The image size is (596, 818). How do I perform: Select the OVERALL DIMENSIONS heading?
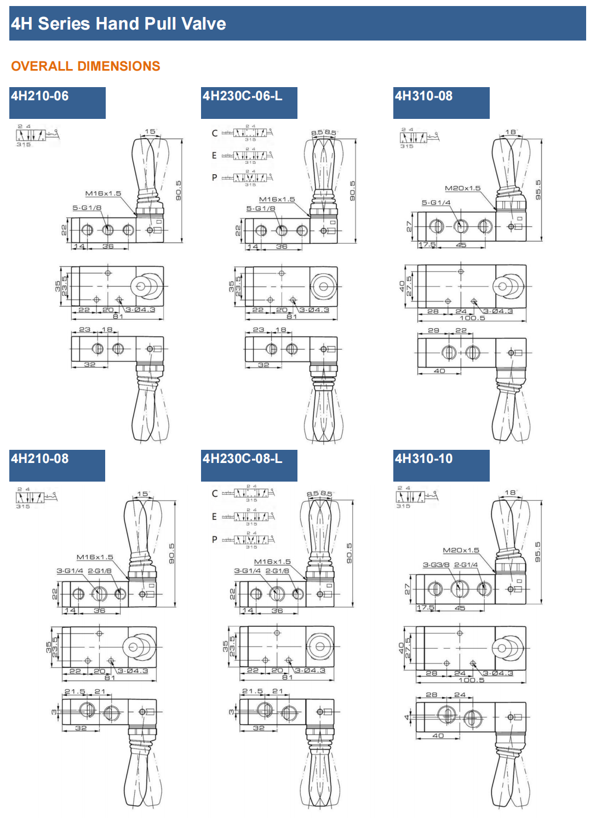pyautogui.click(x=85, y=66)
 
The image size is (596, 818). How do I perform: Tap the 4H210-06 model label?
pyautogui.click(x=40, y=96)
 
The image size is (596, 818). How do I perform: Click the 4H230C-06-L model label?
pyautogui.click(x=242, y=96)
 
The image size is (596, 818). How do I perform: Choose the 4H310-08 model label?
pyautogui.click(x=423, y=96)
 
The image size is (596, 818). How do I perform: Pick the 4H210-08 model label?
pyautogui.click(x=40, y=459)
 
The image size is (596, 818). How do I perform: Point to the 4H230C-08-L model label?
pyautogui.click(x=242, y=459)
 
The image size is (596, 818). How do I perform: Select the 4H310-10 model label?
pyautogui.click(x=423, y=459)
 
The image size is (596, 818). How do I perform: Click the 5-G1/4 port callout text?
pyautogui.click(x=435, y=203)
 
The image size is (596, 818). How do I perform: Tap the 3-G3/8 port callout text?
pyautogui.click(x=436, y=565)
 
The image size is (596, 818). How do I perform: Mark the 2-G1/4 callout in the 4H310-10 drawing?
pyautogui.click(x=466, y=565)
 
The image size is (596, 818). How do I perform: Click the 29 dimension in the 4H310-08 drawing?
pyautogui.click(x=433, y=330)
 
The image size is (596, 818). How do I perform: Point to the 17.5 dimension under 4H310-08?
pyautogui.click(x=427, y=245)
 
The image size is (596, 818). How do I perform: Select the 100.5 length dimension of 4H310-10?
pyautogui.click(x=471, y=680)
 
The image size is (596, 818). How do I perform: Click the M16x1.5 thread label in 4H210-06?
pyautogui.click(x=103, y=193)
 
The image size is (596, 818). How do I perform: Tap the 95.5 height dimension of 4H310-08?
pyautogui.click(x=538, y=190)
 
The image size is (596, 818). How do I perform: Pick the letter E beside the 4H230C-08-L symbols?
pyautogui.click(x=214, y=516)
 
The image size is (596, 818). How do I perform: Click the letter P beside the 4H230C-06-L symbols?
pyautogui.click(x=214, y=178)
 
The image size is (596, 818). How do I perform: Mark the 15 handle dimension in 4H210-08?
pyautogui.click(x=142, y=494)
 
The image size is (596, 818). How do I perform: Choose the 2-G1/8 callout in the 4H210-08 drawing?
pyautogui.click(x=100, y=571)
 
